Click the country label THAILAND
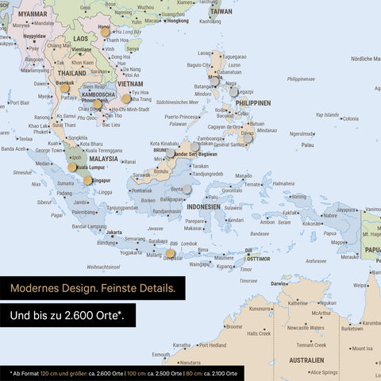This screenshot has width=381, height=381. pyautogui.click(x=71, y=73)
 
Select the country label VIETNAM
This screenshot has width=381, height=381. pyautogui.click(x=130, y=83)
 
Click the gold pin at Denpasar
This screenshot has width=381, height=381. pyautogui.click(x=170, y=253)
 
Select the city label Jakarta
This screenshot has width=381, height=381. pyautogui.click(x=115, y=233)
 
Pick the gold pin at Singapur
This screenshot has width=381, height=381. pyautogui.click(x=87, y=180)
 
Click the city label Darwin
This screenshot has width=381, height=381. pyautogui.click(x=279, y=283)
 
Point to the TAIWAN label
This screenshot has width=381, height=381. pyautogui.click(x=221, y=12)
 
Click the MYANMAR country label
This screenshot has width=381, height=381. pyautogui.click(x=33, y=14)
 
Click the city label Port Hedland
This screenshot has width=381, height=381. pyautogui.click(x=213, y=345)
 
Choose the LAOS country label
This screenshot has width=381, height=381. pyautogui.click(x=80, y=38)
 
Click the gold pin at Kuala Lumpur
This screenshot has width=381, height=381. pyautogui.click(x=73, y=167)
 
